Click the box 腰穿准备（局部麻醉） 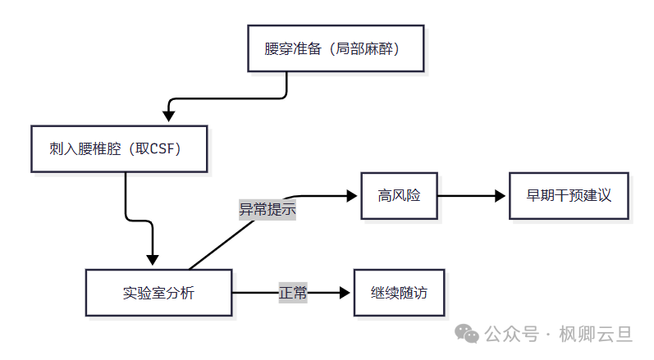click(x=337, y=48)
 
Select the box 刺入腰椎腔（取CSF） click(x=119, y=148)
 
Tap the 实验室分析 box click(x=158, y=293)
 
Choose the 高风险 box click(x=399, y=195)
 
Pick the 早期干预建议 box click(x=569, y=195)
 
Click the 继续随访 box click(x=399, y=293)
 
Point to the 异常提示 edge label click(x=267, y=209)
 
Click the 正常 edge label click(x=293, y=293)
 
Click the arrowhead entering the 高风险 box click(x=354, y=195)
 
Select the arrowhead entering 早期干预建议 click(x=501, y=195)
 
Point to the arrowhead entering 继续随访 click(x=345, y=293)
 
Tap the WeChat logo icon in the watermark click(x=468, y=334)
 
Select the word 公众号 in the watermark click(x=512, y=335)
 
